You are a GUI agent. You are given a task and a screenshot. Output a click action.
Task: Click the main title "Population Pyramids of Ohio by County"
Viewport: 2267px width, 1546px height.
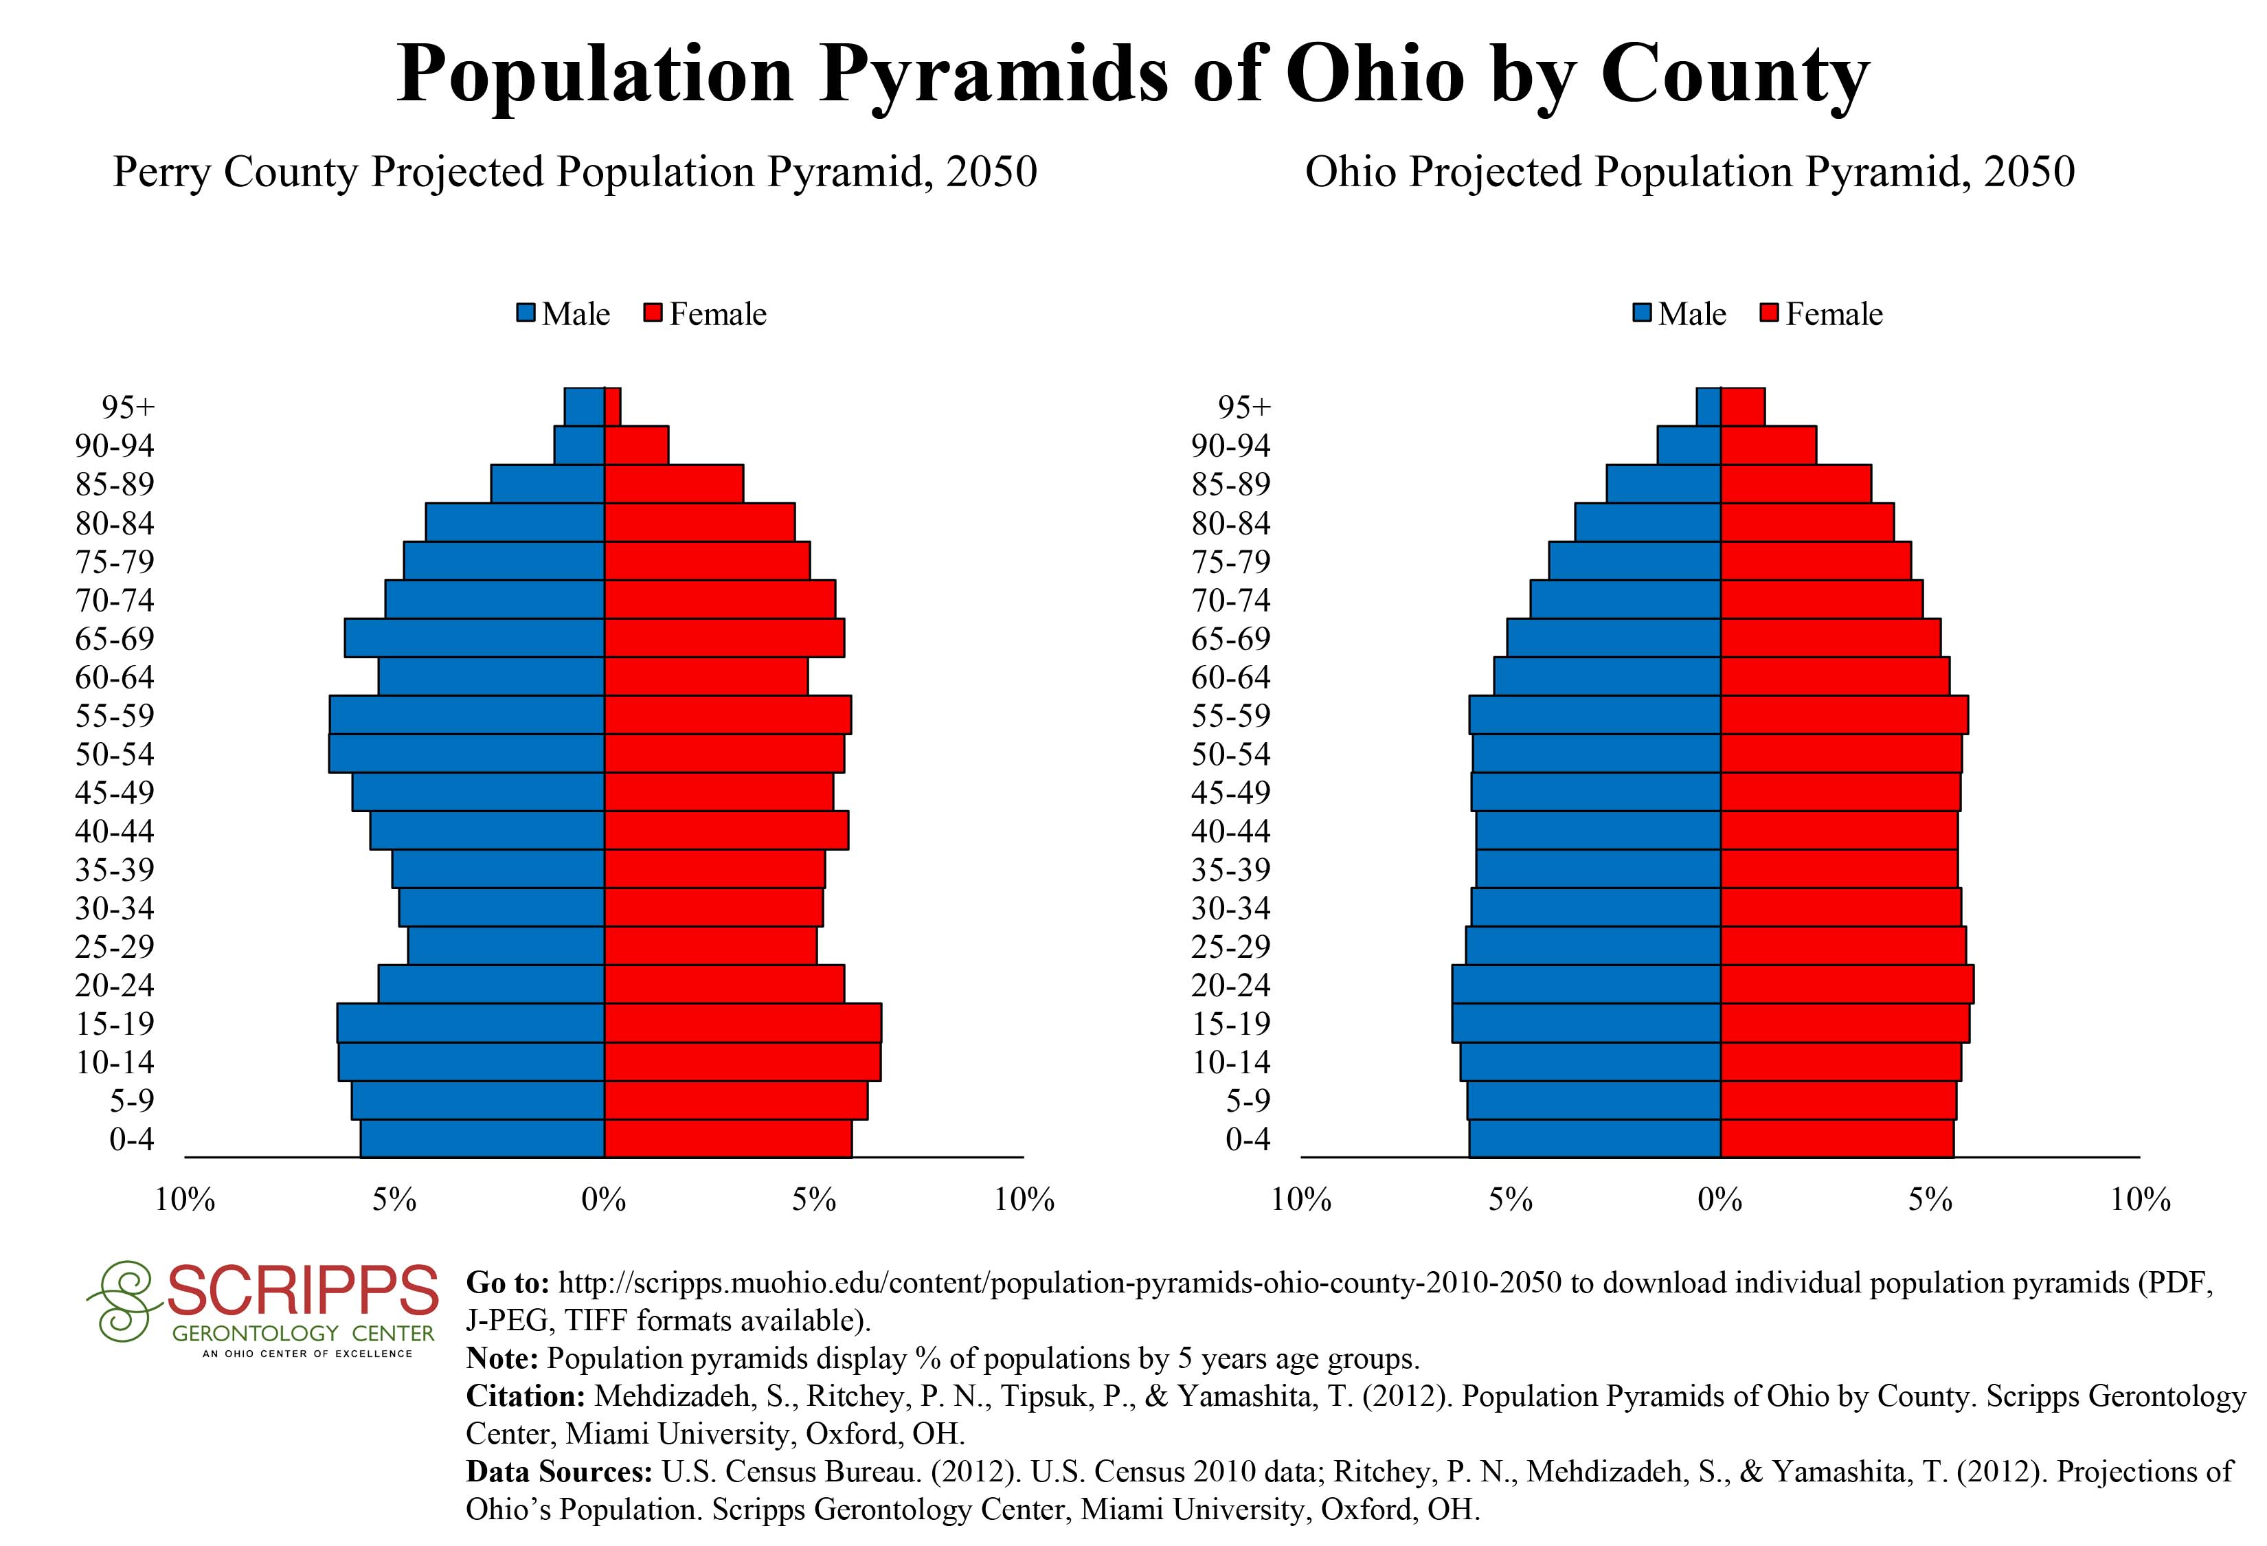[x=1133, y=74]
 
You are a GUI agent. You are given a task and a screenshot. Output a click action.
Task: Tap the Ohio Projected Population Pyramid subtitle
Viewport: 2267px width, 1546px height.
[x=1689, y=172]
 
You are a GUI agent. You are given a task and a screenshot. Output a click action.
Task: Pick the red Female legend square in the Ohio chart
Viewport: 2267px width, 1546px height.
[x=1770, y=314]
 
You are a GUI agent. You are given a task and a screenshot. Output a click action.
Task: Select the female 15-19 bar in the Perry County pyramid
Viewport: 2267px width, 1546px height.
[x=743, y=1023]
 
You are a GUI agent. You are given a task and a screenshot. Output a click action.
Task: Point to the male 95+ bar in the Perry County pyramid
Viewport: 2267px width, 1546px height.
[x=585, y=407]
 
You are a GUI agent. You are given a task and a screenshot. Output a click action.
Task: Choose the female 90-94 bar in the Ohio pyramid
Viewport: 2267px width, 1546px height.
[x=1768, y=445]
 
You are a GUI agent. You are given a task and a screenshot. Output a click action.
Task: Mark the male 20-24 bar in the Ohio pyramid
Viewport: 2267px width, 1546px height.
[x=1586, y=984]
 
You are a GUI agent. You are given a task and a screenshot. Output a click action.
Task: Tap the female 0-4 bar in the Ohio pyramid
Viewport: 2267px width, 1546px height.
[x=1837, y=1139]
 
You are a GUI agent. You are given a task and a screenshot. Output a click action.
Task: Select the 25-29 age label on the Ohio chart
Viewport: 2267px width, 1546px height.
[x=1231, y=946]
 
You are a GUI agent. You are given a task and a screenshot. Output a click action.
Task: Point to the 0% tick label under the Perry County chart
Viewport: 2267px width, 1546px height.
[x=604, y=1199]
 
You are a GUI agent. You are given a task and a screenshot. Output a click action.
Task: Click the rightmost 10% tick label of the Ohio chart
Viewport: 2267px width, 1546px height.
[x=2140, y=1199]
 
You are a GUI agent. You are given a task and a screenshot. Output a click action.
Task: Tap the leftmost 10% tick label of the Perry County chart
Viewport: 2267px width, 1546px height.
[x=185, y=1199]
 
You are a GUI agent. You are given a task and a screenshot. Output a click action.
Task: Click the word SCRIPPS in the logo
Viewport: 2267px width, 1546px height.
[x=302, y=1290]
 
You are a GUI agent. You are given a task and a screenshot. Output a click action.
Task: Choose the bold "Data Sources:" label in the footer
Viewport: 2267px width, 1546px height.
[x=559, y=1472]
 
